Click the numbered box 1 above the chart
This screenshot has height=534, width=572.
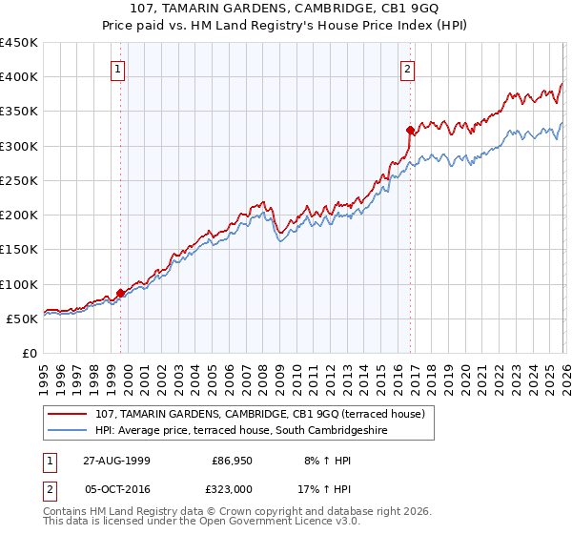117,68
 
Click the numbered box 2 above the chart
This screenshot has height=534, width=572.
407,68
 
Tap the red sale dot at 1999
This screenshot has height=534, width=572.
121,293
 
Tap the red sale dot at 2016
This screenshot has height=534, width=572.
410,130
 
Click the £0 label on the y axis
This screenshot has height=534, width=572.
29,353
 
